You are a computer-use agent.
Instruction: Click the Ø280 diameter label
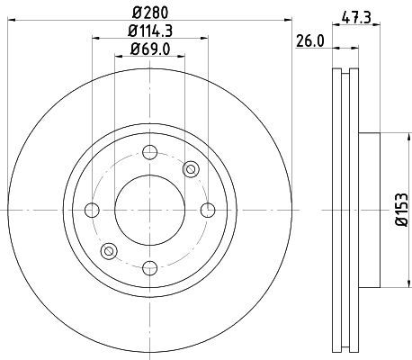coord(150,13)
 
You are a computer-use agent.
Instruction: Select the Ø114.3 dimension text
coord(150,31)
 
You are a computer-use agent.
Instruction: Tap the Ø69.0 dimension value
coord(150,49)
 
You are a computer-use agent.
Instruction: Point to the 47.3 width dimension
coord(356,18)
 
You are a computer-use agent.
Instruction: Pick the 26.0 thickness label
coord(310,41)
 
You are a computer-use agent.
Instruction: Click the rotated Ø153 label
coord(402,210)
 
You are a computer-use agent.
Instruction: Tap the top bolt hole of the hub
coord(150,152)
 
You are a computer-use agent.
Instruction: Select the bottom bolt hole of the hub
coord(150,268)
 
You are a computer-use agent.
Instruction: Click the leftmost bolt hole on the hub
coord(92,210)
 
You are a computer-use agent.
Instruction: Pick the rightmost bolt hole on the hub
coord(208,210)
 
